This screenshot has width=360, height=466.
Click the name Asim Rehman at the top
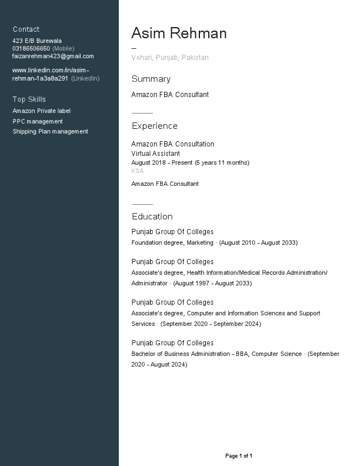(179, 34)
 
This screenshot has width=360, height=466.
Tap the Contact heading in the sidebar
(26, 29)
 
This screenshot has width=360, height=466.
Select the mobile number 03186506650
(31, 49)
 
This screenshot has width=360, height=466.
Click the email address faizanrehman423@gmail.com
(53, 56)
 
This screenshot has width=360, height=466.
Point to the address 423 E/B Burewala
(37, 41)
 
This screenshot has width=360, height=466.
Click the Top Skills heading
(29, 99)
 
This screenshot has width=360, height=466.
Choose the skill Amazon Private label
(41, 111)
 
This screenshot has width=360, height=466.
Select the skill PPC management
(38, 121)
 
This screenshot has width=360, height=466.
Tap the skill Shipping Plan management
(50, 132)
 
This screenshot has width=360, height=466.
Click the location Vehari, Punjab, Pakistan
(170, 58)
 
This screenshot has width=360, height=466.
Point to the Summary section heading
(151, 79)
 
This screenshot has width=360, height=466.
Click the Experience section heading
(154, 126)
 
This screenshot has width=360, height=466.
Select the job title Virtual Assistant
(155, 154)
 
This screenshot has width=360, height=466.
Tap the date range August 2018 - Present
(162, 163)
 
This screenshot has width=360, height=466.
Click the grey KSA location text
(137, 171)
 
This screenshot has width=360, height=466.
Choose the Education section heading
(152, 217)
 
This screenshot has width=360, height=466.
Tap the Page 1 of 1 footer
(239, 456)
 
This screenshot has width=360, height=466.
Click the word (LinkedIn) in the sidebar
(85, 78)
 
